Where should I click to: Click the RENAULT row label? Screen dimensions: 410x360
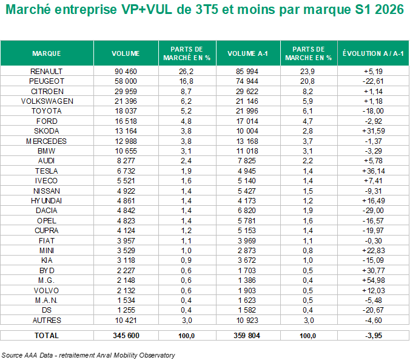coord(46,71)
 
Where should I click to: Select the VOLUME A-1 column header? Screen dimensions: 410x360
coord(247,53)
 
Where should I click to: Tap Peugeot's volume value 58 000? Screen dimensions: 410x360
coord(126,81)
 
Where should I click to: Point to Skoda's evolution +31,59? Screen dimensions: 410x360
coord(374,131)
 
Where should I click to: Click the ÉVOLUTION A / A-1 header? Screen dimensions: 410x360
coord(373,53)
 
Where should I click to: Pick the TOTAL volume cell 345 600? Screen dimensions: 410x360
coord(126,335)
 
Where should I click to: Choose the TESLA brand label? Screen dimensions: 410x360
coord(46,171)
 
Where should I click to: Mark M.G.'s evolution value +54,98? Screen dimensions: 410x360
coord(374,280)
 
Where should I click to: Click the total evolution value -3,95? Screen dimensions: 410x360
coord(374,335)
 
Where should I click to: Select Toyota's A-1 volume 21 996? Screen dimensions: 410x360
coord(247,111)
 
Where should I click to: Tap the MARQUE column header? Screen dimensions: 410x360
coord(47,53)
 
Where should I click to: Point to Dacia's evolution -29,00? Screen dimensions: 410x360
coord(373,211)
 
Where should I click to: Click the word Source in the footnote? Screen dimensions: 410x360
coord(12,355)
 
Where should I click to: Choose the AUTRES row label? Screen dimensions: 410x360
coord(47,320)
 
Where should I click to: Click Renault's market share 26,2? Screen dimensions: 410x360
coord(186,71)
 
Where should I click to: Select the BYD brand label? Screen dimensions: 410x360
coord(47,271)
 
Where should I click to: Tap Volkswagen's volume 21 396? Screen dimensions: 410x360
coord(126,101)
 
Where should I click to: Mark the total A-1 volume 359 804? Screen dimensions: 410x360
coord(247,335)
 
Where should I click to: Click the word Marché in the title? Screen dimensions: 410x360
coord(29,10)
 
